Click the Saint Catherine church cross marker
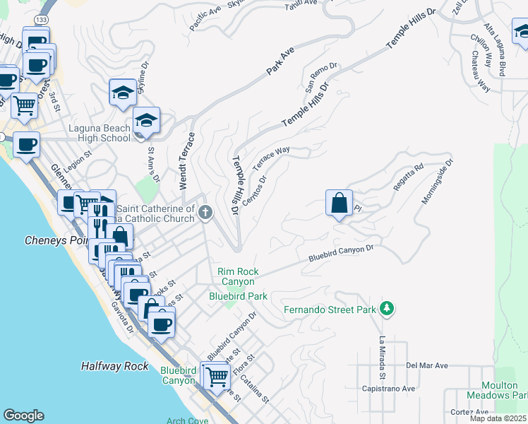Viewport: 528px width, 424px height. (x=205, y=212)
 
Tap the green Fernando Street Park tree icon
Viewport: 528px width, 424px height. (x=386, y=309)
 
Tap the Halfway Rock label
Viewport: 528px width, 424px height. (x=114, y=366)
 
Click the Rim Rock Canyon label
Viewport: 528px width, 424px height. (x=238, y=276)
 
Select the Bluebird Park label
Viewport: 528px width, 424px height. (x=238, y=296)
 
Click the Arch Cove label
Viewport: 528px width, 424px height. (x=187, y=420)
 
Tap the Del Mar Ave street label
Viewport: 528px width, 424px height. (x=427, y=366)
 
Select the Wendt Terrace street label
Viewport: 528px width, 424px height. (x=182, y=162)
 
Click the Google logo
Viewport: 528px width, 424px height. (x=24, y=416)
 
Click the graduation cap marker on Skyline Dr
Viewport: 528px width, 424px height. (x=123, y=92)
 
